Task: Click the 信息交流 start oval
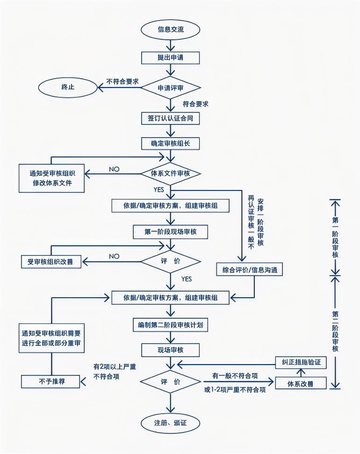[171, 29]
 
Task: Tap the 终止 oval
[68, 87]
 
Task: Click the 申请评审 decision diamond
[171, 88]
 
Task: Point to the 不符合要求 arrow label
[122, 81]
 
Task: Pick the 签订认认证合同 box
[171, 118]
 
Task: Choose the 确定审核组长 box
[171, 143]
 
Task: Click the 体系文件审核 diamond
[171, 173]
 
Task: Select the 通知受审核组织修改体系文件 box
[51, 177]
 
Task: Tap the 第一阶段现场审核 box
[171, 232]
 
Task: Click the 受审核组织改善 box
[51, 261]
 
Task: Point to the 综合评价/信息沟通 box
[250, 270]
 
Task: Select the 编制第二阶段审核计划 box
[171, 324]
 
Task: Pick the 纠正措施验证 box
[301, 363]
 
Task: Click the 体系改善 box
[301, 383]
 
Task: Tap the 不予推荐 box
[51, 381]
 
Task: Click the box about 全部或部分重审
[51, 338]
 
